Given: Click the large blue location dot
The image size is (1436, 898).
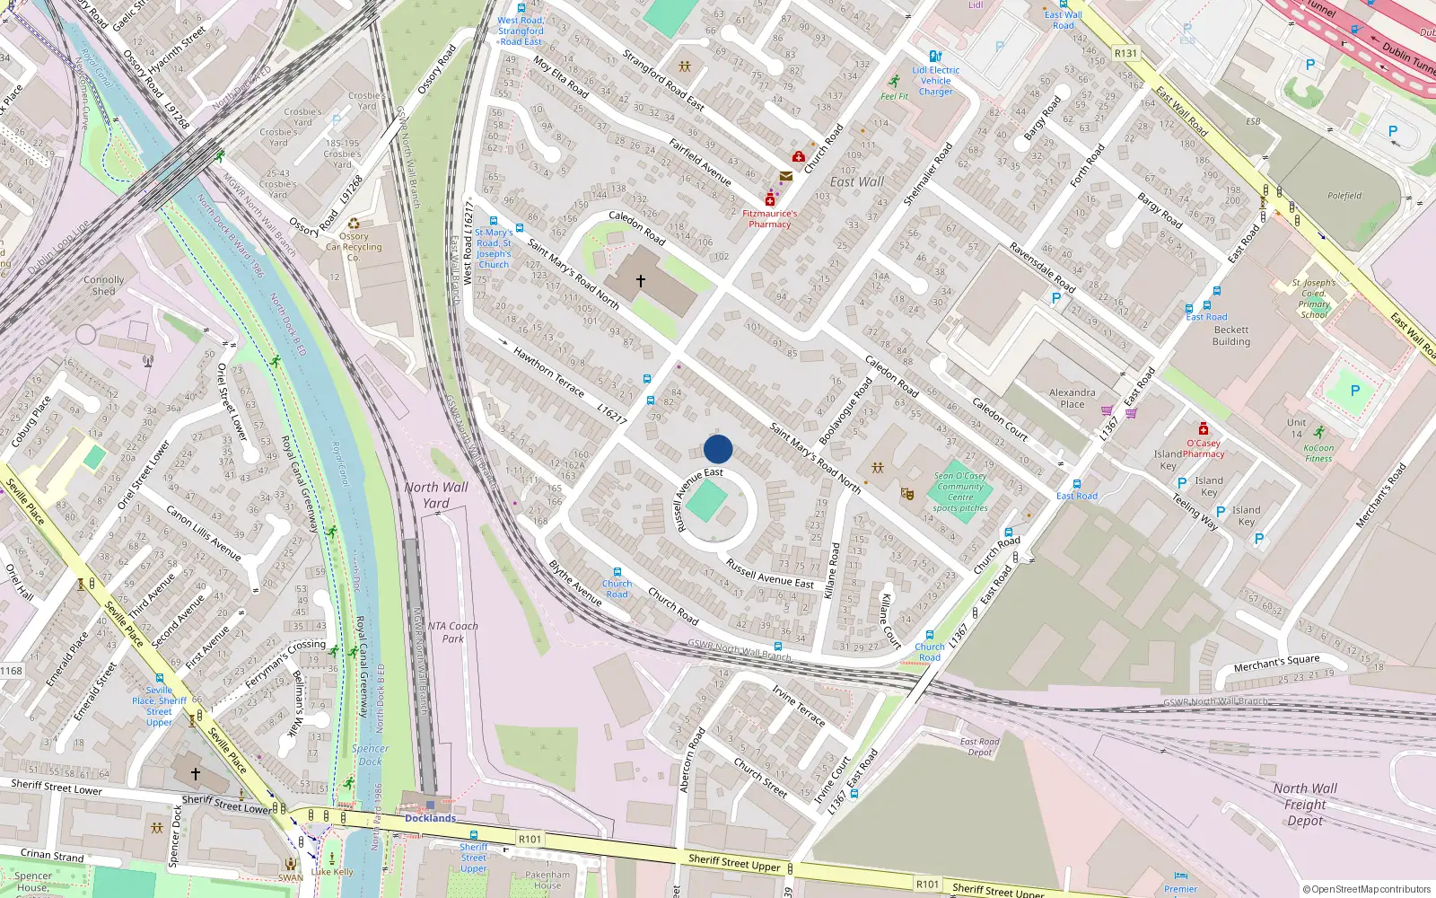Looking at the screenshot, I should pyautogui.click(x=718, y=449).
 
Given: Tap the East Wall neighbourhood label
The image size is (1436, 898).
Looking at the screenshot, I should pyautogui.click(x=857, y=181).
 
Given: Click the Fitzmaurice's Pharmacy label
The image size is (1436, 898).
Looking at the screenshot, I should pyautogui.click(x=769, y=219).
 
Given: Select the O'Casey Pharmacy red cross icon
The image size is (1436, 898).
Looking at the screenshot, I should pyautogui.click(x=1204, y=428).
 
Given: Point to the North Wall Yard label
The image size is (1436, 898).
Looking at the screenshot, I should pyautogui.click(x=436, y=495).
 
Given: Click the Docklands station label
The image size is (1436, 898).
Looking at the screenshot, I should pyautogui.click(x=430, y=818).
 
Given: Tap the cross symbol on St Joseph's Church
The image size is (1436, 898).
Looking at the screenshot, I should pyautogui.click(x=641, y=281).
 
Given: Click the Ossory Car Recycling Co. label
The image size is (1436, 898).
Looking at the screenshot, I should pyautogui.click(x=354, y=247).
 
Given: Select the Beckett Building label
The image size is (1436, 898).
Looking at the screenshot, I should pyautogui.click(x=1231, y=336).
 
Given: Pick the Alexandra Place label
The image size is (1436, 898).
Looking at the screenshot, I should pyautogui.click(x=1073, y=398).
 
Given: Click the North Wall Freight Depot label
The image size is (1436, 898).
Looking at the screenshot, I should pyautogui.click(x=1305, y=804).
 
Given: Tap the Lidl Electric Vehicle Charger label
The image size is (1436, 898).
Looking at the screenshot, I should pyautogui.click(x=936, y=81).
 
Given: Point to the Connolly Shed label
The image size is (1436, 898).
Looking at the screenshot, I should pyautogui.click(x=104, y=286).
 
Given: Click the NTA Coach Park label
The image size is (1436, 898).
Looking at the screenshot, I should pyautogui.click(x=452, y=632).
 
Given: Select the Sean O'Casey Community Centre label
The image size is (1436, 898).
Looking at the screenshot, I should pyautogui.click(x=960, y=491).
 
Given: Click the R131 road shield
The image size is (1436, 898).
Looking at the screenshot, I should pyautogui.click(x=1125, y=53).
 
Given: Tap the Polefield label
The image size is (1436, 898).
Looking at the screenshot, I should pyautogui.click(x=1344, y=196).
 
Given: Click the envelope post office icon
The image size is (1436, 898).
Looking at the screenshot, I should pyautogui.click(x=786, y=177).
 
